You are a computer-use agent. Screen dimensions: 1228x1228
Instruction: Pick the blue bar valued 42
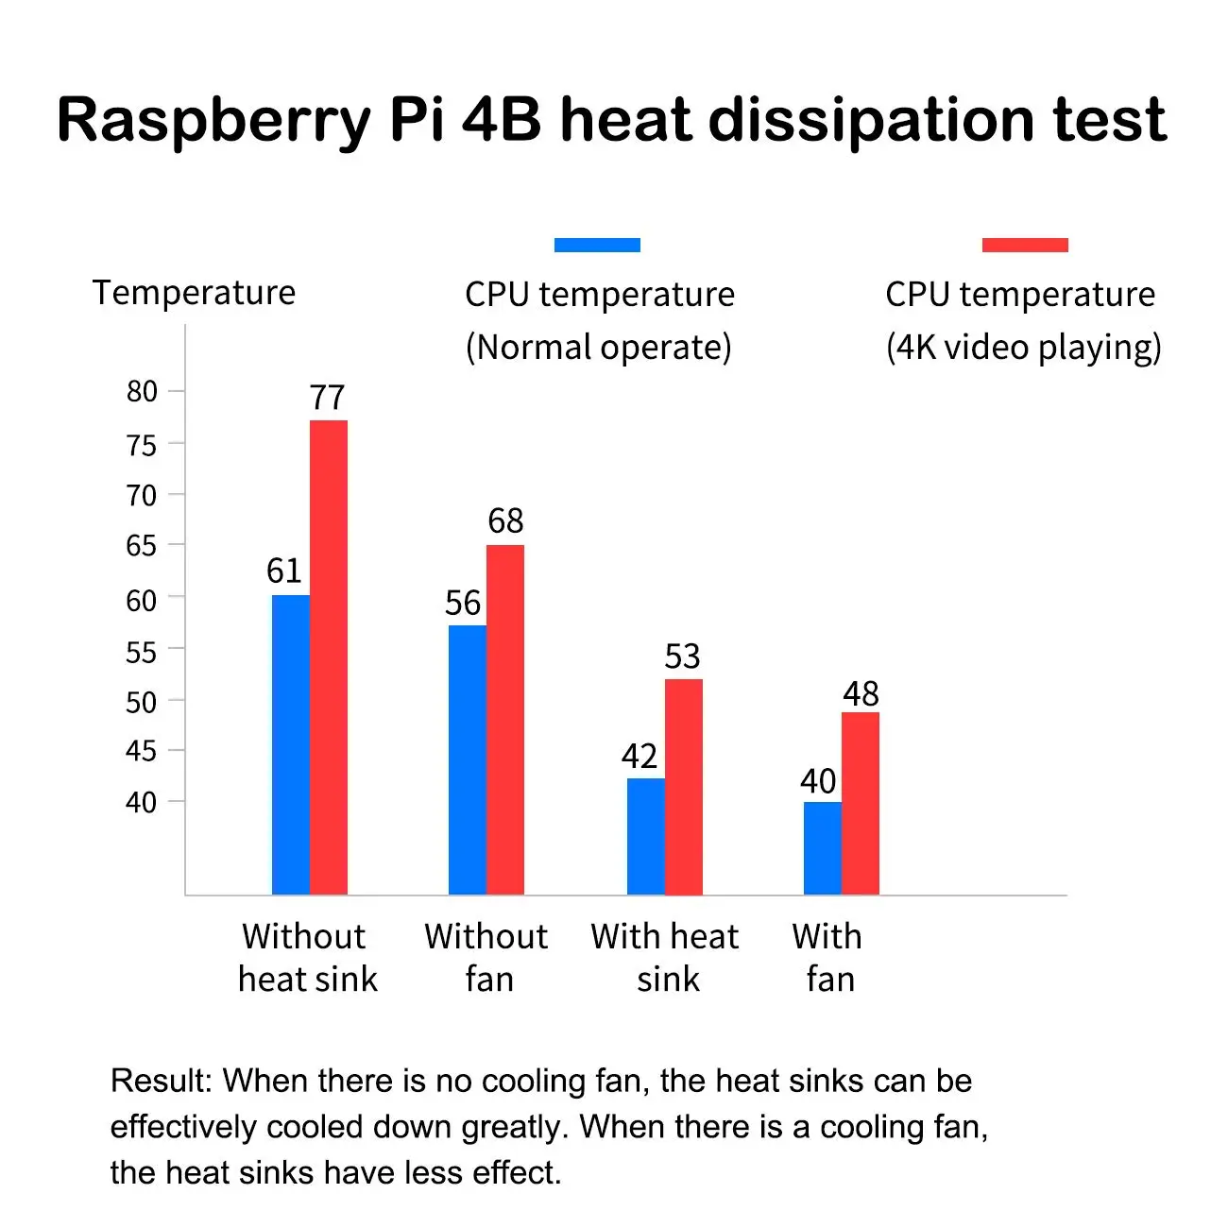pos(646,836)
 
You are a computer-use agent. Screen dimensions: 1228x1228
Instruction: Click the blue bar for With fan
pos(823,847)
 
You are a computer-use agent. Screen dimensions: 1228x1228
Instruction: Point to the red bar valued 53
pos(684,786)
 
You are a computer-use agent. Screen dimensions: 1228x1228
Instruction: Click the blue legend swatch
pos(597,245)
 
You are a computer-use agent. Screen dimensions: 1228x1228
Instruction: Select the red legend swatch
pos(1025,245)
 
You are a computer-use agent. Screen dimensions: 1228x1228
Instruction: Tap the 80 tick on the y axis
pos(142,391)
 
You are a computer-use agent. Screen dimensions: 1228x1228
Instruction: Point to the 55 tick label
pos(142,652)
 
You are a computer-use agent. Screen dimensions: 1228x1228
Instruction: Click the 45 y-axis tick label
pos(142,751)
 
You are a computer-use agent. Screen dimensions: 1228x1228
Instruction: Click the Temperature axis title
pos(194,293)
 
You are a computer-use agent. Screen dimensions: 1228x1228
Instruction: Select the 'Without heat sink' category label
pos(307,957)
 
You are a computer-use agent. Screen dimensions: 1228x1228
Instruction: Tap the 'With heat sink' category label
pos(665,957)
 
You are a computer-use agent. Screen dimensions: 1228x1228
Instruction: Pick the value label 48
pos(861,694)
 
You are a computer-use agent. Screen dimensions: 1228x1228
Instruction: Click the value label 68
pos(505,520)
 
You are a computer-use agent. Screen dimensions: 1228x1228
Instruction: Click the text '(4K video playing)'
pos(1023,348)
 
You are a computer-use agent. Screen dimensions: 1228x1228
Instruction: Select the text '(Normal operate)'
pos(598,348)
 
